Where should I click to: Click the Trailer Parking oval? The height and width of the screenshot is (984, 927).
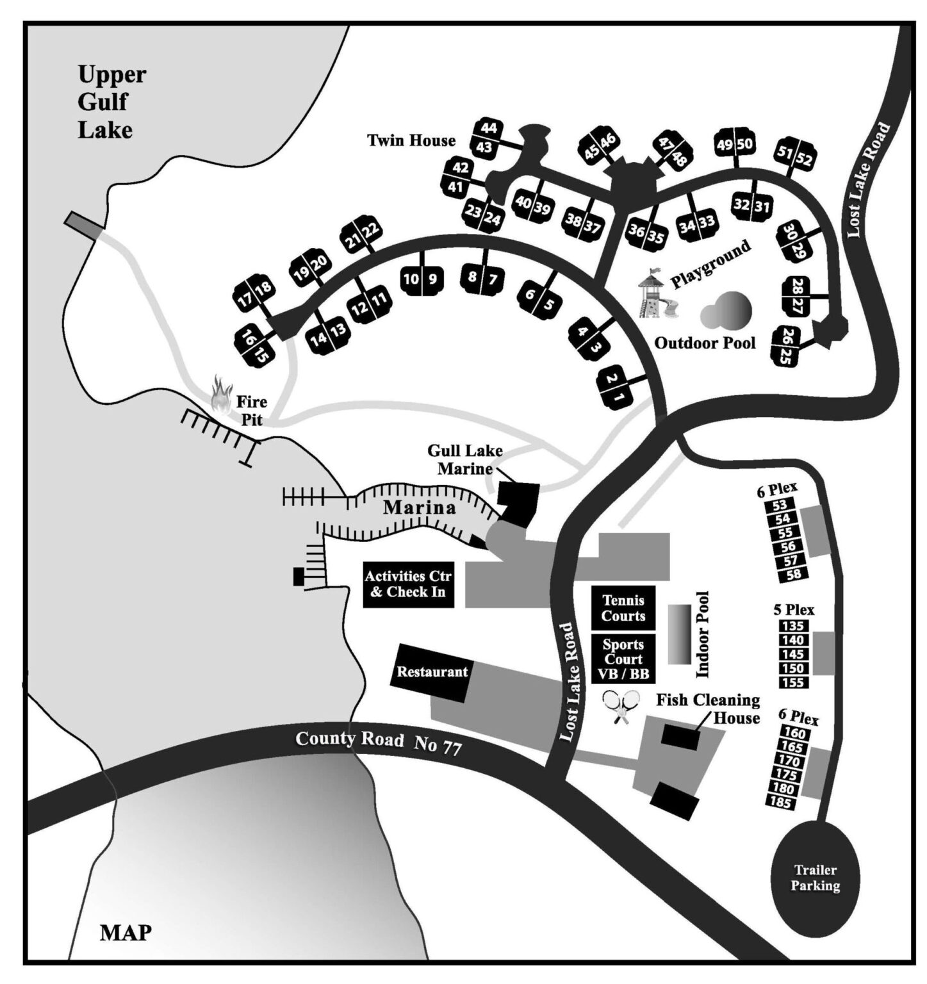click(814, 878)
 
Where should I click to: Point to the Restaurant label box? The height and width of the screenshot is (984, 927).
click(432, 673)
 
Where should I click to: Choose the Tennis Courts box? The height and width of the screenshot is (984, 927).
click(623, 608)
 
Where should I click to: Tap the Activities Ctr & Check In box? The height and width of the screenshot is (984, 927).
click(408, 584)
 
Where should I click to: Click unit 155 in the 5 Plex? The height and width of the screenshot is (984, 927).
click(793, 682)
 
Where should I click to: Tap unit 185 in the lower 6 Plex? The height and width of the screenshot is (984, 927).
click(782, 803)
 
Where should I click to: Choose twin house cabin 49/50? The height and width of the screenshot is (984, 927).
click(734, 145)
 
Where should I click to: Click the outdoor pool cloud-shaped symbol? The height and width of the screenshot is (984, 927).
click(726, 312)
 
